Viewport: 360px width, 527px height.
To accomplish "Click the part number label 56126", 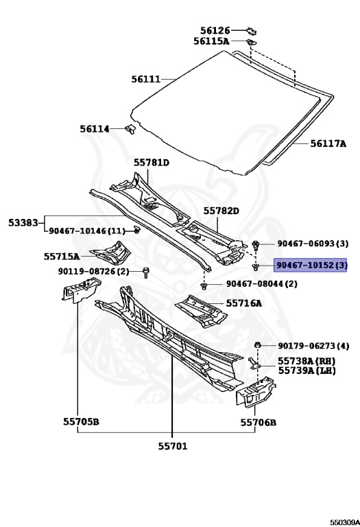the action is click(215, 31).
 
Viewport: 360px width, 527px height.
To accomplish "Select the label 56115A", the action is click(211, 41).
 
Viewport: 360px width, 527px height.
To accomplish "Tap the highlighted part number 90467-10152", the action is click(306, 265).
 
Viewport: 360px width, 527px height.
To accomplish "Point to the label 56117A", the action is click(328, 144).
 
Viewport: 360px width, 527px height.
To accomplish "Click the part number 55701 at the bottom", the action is click(173, 446).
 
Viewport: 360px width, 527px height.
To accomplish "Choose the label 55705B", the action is click(81, 421).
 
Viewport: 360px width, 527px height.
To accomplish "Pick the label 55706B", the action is click(259, 423).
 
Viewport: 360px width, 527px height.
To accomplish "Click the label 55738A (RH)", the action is click(307, 361).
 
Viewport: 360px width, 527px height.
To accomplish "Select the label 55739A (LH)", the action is click(307, 371).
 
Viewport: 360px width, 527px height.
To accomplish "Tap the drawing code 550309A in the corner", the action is click(345, 522).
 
